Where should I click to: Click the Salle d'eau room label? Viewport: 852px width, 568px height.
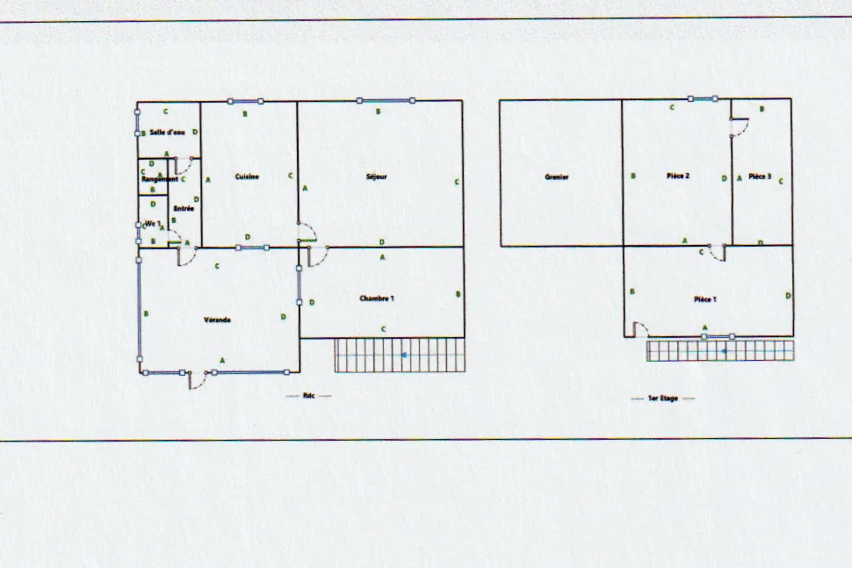click(x=167, y=133)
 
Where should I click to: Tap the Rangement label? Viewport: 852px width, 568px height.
click(x=160, y=179)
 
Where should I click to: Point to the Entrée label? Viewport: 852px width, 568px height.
click(x=183, y=209)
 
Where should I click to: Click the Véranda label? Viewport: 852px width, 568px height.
click(x=217, y=320)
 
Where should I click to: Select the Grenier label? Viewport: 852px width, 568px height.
click(x=557, y=177)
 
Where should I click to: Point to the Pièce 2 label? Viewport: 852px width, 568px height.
click(x=677, y=176)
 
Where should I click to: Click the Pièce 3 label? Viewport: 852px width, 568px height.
click(x=760, y=176)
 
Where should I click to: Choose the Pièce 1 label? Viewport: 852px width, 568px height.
click(x=704, y=299)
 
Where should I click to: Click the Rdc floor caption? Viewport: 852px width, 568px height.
click(x=308, y=396)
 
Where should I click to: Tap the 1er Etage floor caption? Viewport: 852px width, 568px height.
click(x=663, y=399)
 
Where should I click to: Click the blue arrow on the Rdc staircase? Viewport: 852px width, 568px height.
click(x=404, y=356)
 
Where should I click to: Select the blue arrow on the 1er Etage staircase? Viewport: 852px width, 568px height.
click(x=724, y=351)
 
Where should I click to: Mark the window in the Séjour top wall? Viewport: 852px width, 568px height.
click(x=385, y=101)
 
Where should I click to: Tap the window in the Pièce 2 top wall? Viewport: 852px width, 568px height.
click(x=703, y=99)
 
